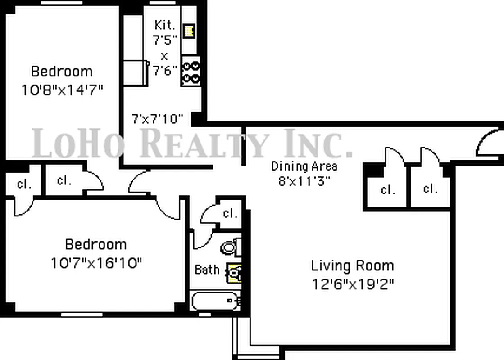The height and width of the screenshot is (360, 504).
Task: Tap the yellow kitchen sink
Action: click(x=189, y=31)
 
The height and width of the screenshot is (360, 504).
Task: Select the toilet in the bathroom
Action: click(x=230, y=247)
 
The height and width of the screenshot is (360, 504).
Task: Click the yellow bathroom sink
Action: click(x=234, y=272)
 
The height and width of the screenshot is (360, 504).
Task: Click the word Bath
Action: click(x=207, y=270)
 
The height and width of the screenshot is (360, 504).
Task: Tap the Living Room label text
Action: click(x=352, y=265)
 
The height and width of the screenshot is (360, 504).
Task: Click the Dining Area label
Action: click(x=304, y=166)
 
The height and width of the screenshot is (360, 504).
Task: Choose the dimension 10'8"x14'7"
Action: click(x=62, y=90)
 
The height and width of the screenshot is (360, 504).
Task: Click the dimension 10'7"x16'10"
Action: click(x=96, y=262)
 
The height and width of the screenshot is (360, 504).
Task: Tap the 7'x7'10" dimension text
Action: click(x=157, y=119)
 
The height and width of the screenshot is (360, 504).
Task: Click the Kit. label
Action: click(x=164, y=25)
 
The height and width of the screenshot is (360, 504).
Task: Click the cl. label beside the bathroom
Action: click(x=230, y=213)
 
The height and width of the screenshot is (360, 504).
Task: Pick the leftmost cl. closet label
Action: click(x=23, y=184)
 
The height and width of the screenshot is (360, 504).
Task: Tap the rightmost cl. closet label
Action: click(x=430, y=189)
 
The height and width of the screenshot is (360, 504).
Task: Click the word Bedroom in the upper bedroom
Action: click(x=62, y=71)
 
